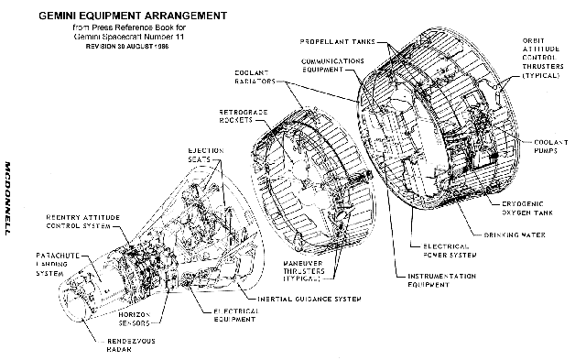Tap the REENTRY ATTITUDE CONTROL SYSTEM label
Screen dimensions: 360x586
tap(71, 223)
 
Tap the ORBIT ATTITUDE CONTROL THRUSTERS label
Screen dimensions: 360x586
tap(547, 58)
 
